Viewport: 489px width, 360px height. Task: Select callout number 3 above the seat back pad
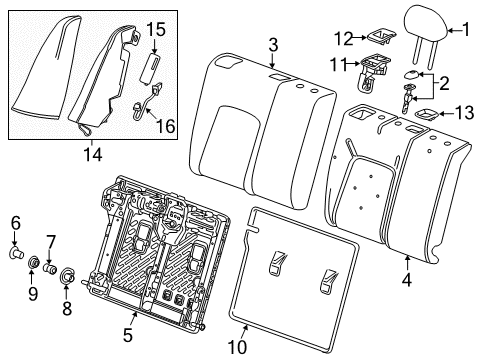[x=272, y=43]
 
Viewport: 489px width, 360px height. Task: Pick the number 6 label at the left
[x=14, y=222]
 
